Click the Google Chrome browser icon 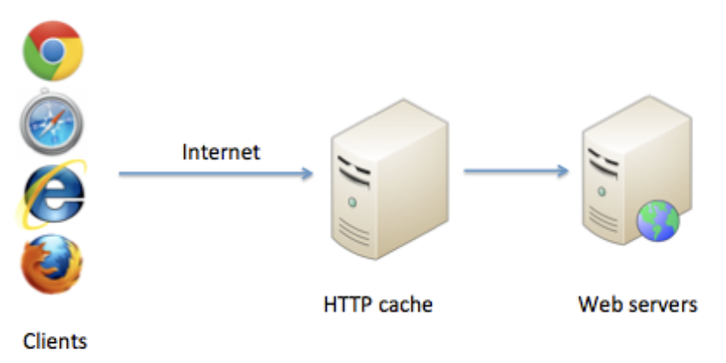[53, 49]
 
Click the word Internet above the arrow [221, 152]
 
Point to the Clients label [55, 340]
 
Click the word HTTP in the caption [346, 305]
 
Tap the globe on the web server [657, 222]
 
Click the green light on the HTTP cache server [351, 202]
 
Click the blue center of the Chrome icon [53, 49]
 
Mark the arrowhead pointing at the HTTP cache [306, 174]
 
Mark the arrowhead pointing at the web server [562, 171]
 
